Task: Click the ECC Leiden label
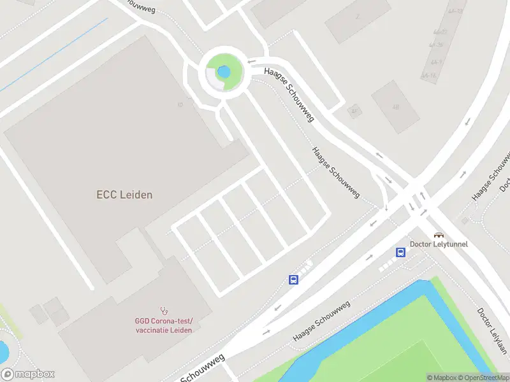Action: pos(124,195)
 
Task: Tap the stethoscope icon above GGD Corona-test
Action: pos(164,311)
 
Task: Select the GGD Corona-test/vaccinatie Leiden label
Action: pos(163,325)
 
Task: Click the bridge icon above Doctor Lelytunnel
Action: pos(439,234)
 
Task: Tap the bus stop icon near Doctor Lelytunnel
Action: pos(400,252)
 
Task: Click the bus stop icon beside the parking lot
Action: pos(294,279)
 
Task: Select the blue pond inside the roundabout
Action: pos(223,71)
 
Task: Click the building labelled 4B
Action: pos(395,106)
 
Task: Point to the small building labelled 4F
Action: pos(354,111)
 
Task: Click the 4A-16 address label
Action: pos(433,75)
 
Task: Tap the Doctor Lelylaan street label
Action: pos(492,331)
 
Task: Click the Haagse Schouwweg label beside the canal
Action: pos(321,322)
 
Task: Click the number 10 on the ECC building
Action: pos(180,104)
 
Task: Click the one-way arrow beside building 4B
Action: pos(467,121)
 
